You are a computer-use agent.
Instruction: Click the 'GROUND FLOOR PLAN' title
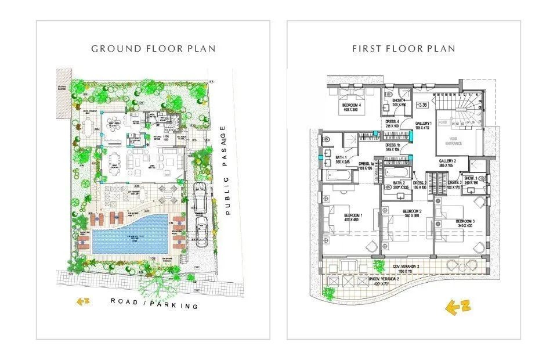click(153, 49)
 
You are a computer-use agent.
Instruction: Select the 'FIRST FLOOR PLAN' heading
click(404, 49)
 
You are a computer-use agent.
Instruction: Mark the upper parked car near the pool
click(199, 197)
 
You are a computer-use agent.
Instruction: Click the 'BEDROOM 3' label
click(466, 222)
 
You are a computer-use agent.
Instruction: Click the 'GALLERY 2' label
click(449, 161)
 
